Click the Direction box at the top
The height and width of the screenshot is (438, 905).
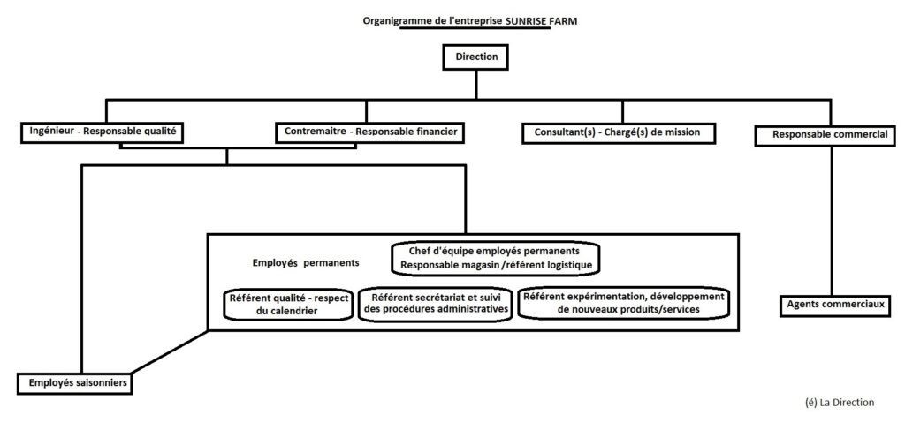(475, 57)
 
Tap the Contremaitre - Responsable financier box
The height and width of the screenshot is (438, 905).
(370, 132)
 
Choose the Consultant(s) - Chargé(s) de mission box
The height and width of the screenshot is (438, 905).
(618, 132)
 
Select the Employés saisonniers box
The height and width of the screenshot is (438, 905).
(74, 383)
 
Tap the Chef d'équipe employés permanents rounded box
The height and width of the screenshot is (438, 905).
(496, 258)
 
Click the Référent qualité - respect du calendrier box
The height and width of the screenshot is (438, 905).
(288, 304)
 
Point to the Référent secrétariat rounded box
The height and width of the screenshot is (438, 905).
(436, 303)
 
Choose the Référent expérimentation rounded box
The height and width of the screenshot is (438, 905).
(624, 303)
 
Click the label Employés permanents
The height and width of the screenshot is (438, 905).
(306, 263)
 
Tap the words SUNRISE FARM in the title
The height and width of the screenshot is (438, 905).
(541, 20)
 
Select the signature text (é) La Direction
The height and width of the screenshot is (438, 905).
(839, 403)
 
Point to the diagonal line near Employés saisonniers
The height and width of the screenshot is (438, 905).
(171, 351)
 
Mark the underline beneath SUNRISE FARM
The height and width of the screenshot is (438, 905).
(475, 29)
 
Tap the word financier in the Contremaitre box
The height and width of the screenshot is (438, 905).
(435, 132)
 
